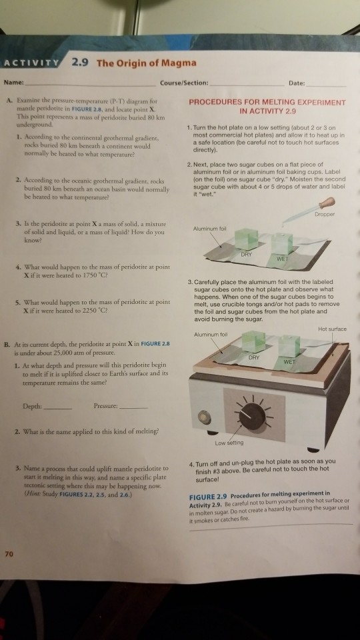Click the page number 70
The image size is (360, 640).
click(x=8, y=554)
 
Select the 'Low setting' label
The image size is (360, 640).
click(x=229, y=443)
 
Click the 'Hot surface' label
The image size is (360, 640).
click(x=332, y=329)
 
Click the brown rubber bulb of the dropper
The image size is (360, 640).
click(x=327, y=203)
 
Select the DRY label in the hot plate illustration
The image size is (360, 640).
click(x=254, y=357)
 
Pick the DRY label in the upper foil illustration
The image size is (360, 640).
click(x=246, y=253)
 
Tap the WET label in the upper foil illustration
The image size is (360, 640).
click(x=283, y=259)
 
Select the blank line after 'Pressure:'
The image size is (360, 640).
click(x=134, y=409)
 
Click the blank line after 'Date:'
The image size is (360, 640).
click(x=326, y=86)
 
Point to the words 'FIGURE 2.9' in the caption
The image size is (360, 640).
click(x=208, y=497)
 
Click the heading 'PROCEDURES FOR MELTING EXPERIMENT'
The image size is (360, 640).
click(x=267, y=103)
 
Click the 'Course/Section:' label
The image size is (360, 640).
click(x=184, y=83)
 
